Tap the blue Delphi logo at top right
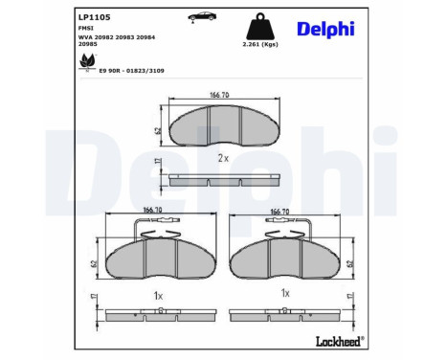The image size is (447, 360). pos(325,30)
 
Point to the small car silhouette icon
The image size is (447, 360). pos(200,17)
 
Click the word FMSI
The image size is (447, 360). pos(85,31)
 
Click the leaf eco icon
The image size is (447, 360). pos(87,62)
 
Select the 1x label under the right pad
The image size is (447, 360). pos(284,293)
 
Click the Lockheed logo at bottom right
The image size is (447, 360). pos(339,342)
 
